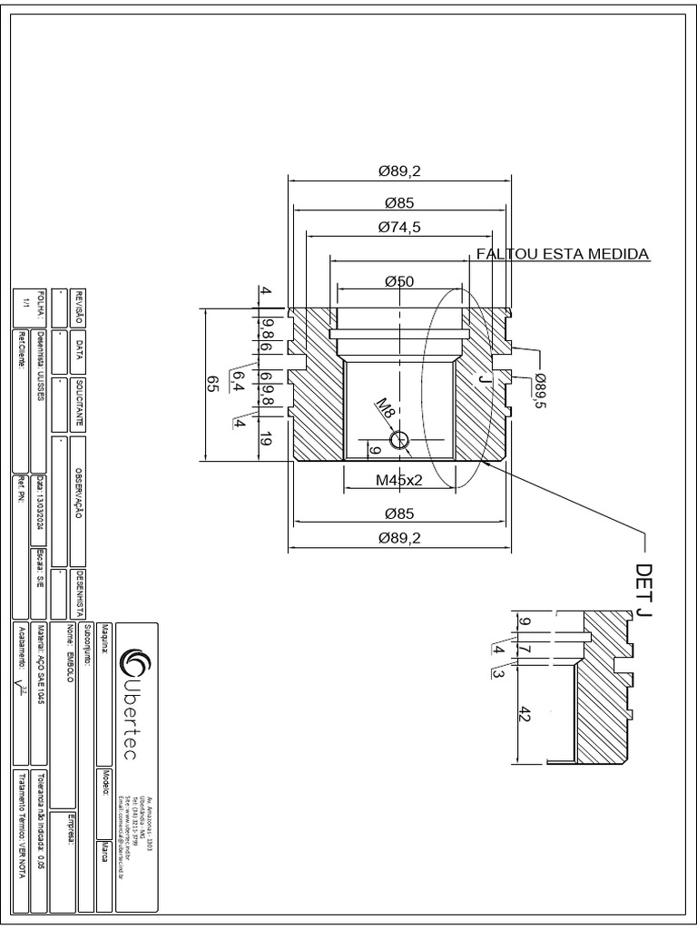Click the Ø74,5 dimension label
[399, 227]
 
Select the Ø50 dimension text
[399, 281]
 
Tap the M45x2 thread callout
[399, 480]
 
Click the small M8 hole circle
[398, 441]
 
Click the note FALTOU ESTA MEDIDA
[563, 254]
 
